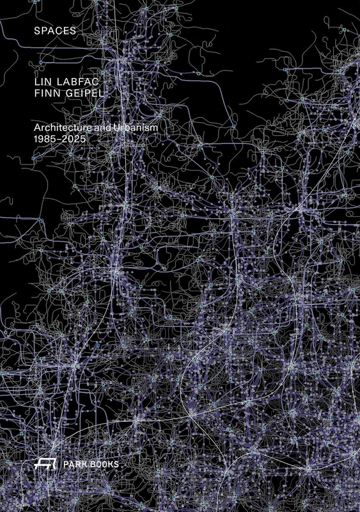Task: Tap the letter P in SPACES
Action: pyautogui.click(x=45, y=30)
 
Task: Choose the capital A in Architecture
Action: pyautogui.click(x=38, y=129)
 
